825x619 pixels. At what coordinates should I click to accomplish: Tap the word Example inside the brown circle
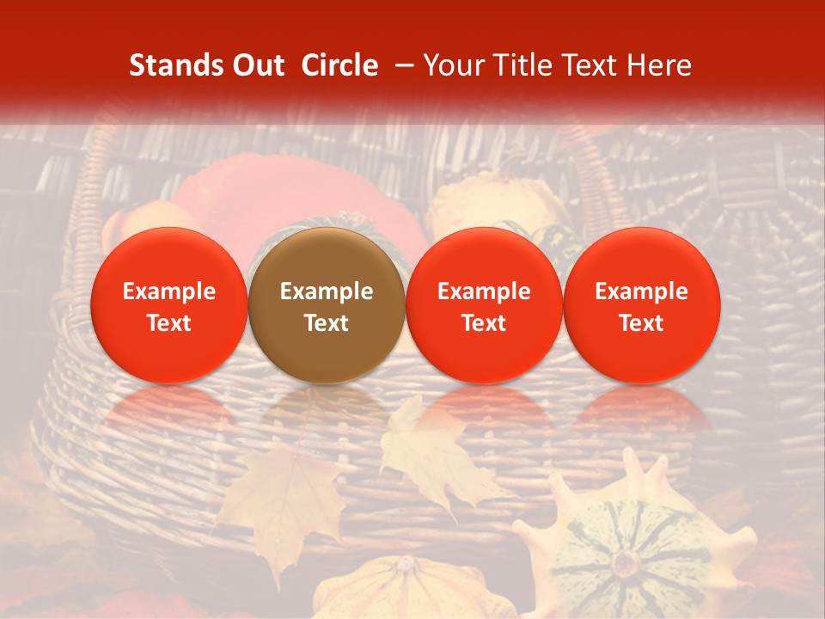327,292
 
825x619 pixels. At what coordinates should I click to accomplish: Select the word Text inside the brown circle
327,323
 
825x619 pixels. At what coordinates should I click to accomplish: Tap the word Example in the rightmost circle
641,292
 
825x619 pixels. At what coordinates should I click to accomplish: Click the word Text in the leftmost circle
168,323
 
